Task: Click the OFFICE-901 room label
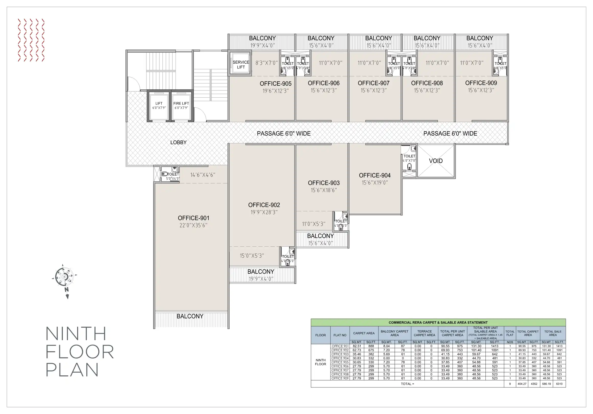(x=193, y=218)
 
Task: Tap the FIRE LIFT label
(x=181, y=103)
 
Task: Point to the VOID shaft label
(x=436, y=161)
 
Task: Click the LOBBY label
(x=178, y=142)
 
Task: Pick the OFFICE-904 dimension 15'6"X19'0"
(x=374, y=183)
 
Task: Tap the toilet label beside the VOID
(x=409, y=156)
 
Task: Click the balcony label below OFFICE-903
(x=320, y=236)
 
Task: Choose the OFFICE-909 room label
(x=481, y=83)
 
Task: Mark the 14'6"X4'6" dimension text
(x=203, y=175)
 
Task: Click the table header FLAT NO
(x=340, y=335)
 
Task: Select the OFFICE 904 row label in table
(x=340, y=358)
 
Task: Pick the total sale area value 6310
(x=559, y=384)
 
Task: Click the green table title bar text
(x=438, y=323)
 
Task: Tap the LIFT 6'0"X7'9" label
(x=159, y=106)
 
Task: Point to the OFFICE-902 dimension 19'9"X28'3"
(x=264, y=212)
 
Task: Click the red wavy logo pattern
(x=31, y=40)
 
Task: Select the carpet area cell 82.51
(x=357, y=346)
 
